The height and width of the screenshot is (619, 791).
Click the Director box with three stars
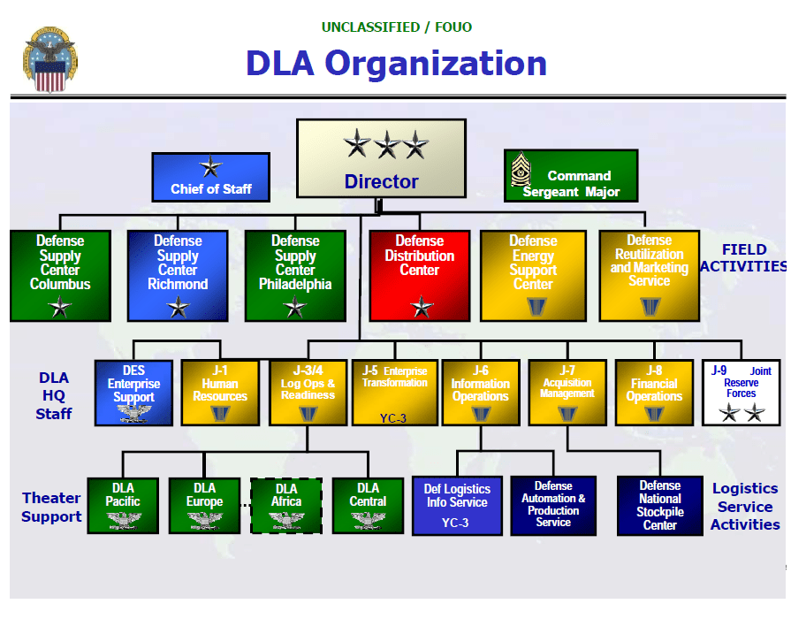381,159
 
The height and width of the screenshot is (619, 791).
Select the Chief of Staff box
210,176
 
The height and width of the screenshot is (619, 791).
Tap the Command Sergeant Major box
571,175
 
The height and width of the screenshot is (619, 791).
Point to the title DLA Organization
396,64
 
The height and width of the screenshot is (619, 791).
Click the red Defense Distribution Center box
419,275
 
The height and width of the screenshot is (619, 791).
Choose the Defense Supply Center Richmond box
178,275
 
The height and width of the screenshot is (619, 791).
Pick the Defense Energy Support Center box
533,275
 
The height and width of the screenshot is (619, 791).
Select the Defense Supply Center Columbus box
60,275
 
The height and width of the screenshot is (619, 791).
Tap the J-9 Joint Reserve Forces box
742,392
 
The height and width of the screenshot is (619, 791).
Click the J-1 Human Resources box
219,392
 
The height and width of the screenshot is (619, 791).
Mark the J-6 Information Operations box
480,392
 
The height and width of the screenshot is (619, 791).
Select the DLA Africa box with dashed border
286,506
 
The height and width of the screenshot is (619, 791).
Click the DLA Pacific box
123,506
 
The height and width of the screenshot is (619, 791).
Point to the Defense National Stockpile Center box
659,506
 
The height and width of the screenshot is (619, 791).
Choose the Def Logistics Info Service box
456,506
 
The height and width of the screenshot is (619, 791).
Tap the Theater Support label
51,508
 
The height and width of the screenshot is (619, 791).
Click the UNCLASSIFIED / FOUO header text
396,27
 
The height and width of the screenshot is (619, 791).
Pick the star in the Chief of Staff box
210,166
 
